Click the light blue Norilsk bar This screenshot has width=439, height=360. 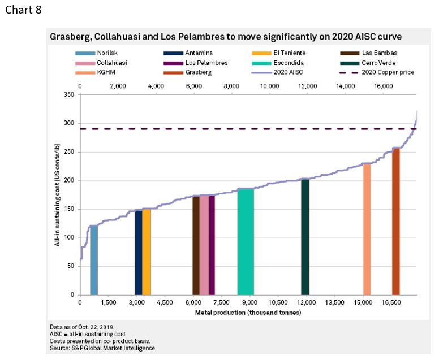coord(94,260)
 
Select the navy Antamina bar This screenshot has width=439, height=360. coord(138,252)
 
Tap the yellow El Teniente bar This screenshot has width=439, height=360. coord(147,251)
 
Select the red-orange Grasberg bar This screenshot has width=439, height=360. coord(396,221)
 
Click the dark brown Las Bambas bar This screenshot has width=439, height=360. coord(196,245)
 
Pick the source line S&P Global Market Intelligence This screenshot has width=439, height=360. coord(102,348)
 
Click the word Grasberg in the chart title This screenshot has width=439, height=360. coord(70,37)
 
